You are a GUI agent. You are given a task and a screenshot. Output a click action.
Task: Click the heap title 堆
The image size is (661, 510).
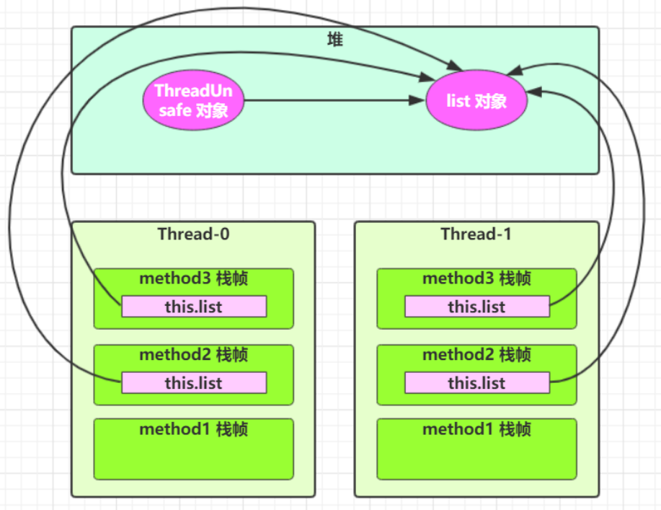[334, 40]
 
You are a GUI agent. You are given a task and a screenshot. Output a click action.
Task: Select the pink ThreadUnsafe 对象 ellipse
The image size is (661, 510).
[193, 101]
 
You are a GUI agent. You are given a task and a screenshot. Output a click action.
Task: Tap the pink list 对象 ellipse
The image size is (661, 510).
[476, 101]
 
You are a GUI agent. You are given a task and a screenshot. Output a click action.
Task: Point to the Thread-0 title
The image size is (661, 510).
[193, 234]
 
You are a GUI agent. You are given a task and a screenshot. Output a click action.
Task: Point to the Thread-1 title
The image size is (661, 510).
[476, 234]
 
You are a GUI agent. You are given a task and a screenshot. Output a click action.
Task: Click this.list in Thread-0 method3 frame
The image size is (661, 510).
[194, 307]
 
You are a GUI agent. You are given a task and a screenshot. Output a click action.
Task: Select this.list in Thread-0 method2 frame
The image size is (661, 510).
[194, 383]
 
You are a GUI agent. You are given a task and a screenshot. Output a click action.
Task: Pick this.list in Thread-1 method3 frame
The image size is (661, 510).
[476, 307]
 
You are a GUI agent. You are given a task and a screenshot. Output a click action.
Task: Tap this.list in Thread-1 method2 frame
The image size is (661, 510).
[476, 383]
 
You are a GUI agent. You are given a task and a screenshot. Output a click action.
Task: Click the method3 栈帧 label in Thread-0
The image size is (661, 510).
[193, 279]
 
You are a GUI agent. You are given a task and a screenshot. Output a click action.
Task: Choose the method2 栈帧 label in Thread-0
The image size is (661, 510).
[193, 355]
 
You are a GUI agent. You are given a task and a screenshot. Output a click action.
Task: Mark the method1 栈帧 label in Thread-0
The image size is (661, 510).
[193, 430]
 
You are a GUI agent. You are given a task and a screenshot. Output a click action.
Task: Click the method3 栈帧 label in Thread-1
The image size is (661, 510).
[476, 279]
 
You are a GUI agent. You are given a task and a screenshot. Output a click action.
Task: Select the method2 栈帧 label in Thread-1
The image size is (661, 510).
[476, 355]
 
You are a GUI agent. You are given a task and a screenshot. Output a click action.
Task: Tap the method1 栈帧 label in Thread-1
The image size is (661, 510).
[476, 430]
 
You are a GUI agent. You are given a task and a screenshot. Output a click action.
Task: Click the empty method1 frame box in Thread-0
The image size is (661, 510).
[193, 458]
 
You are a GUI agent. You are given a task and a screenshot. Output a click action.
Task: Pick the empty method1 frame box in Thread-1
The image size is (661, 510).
[476, 458]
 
